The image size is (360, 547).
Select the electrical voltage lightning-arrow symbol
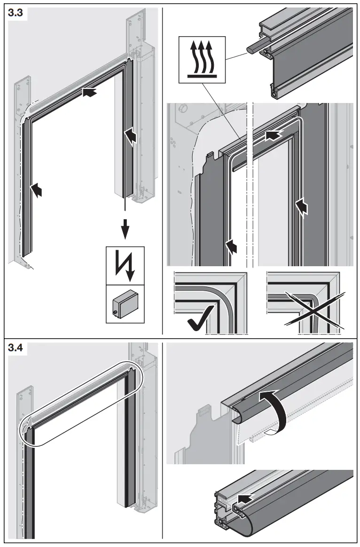[x=125, y=264]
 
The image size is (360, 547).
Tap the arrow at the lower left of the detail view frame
[x=231, y=246]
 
